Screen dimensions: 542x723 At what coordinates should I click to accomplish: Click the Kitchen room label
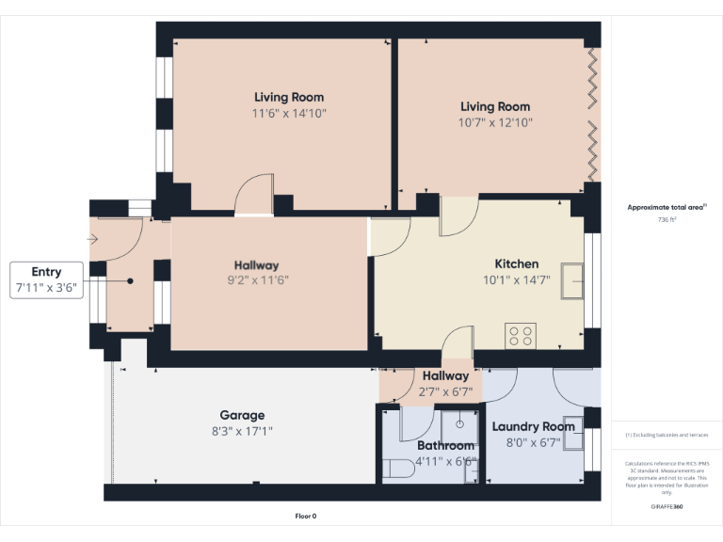[517, 263]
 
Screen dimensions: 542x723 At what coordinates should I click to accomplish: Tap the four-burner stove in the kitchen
[521, 333]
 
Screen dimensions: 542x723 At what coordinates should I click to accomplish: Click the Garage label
[242, 415]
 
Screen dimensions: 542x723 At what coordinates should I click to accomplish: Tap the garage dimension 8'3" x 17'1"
[242, 431]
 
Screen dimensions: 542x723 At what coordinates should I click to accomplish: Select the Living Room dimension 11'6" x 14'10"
[289, 113]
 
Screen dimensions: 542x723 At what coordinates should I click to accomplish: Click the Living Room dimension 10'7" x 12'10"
[495, 122]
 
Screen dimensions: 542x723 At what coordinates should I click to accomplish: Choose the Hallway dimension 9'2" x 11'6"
[257, 281]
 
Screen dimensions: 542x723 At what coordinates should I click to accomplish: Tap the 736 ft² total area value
[667, 219]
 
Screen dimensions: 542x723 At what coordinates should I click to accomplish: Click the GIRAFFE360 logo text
[667, 506]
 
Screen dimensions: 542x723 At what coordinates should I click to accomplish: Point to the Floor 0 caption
[306, 516]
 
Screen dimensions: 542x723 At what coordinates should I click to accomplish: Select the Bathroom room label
[445, 445]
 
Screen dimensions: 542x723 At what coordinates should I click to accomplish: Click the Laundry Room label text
[533, 426]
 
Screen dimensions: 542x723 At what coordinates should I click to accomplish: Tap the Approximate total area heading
[667, 207]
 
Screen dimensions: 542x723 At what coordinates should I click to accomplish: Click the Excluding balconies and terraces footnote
[667, 435]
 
